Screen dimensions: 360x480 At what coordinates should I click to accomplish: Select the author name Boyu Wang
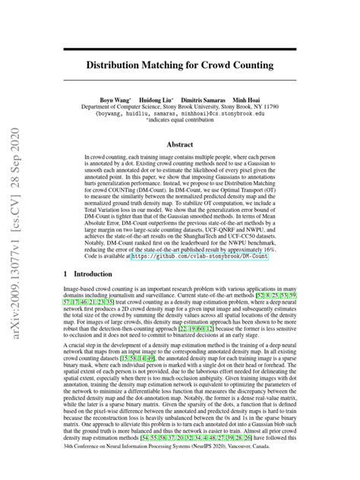tap(116, 100)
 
